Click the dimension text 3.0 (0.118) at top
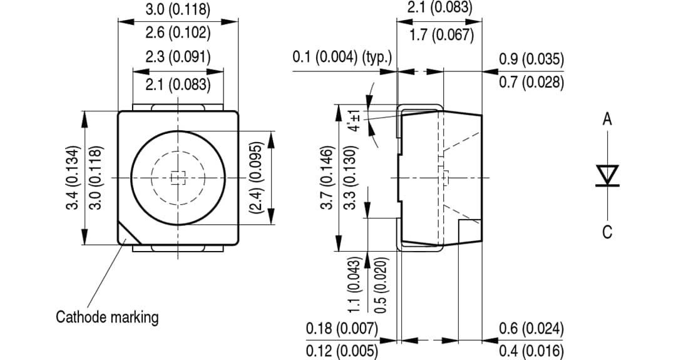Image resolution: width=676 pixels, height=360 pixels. point(178,10)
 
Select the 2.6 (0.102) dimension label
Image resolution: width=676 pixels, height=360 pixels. point(178,33)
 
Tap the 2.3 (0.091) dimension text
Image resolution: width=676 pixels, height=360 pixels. point(178,57)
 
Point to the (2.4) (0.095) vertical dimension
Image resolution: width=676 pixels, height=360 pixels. point(255,178)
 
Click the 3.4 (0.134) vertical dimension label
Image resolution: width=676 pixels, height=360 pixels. point(74,178)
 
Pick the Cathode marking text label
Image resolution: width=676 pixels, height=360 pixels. point(107,317)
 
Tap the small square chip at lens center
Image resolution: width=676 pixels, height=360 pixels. point(178,178)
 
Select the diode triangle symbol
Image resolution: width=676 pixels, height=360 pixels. point(607,174)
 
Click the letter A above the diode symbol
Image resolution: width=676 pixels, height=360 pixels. point(607,120)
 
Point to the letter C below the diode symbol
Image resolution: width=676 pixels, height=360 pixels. point(607,232)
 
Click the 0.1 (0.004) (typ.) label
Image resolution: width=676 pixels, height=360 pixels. point(342,58)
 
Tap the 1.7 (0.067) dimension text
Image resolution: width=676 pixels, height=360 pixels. point(441,35)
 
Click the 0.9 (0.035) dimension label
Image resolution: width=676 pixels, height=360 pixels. point(531,59)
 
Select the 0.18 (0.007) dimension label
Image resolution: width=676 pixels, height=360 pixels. point(342,328)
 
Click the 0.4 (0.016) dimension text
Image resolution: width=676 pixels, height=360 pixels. point(531,351)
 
